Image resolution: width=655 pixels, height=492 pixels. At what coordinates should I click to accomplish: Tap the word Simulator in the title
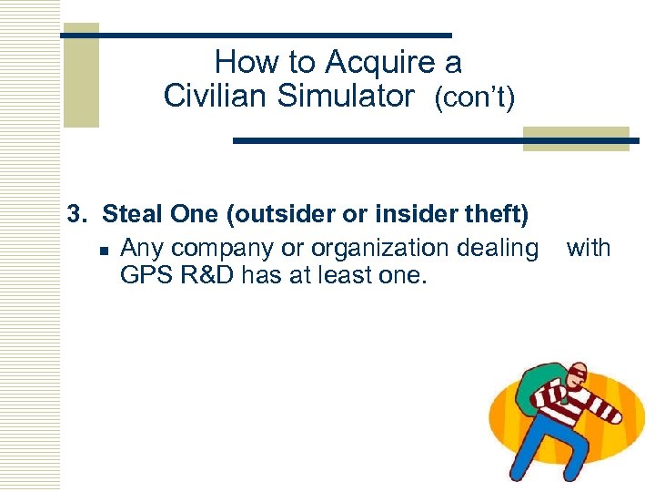coord(346,96)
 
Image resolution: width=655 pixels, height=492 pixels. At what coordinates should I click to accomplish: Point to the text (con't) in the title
coord(474,97)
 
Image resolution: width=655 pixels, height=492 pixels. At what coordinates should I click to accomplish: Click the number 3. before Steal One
coord(77,215)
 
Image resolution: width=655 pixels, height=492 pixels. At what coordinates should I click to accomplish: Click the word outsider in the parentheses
coord(273,215)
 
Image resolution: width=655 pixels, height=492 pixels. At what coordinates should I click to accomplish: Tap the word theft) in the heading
coord(491,215)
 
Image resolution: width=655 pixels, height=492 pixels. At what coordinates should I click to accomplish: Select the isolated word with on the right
coord(589,248)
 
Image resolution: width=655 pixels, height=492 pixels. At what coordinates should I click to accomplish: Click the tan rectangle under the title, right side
coord(576,138)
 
